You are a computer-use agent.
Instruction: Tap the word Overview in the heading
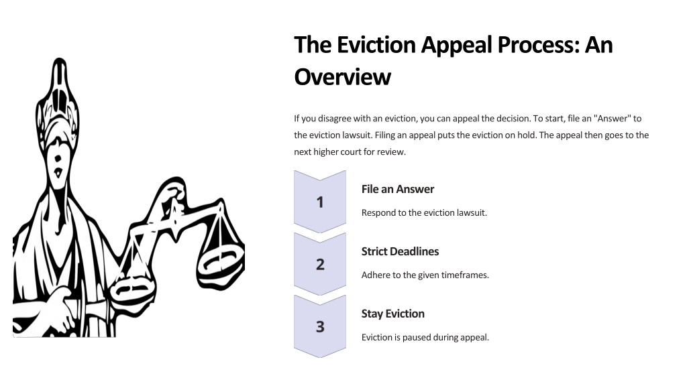[x=342, y=77]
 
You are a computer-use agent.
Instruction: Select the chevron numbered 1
[x=320, y=202]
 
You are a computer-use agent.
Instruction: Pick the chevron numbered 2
[x=320, y=264]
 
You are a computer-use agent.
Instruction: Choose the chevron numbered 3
[x=320, y=326]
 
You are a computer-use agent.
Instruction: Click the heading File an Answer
[x=397, y=189]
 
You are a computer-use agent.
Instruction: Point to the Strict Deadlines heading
[x=400, y=251]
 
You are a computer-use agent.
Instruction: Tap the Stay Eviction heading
[x=392, y=314]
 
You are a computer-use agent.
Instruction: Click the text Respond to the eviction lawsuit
[x=424, y=212]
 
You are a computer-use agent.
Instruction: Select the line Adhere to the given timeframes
[x=425, y=275]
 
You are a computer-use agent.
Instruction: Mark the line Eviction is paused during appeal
[x=425, y=338]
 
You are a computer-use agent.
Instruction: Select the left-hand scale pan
[x=132, y=289]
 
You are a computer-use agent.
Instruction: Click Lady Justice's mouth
[x=58, y=174]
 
